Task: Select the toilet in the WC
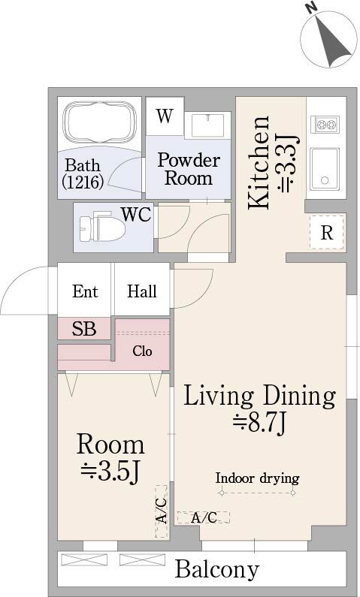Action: [x=103, y=228]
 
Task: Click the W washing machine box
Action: [x=165, y=116]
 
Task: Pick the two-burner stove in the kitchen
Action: [x=325, y=124]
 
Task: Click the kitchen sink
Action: [x=325, y=169]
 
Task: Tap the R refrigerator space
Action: [x=327, y=232]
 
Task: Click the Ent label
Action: [x=85, y=291]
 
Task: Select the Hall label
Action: [x=142, y=291]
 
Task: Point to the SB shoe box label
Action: [x=84, y=328]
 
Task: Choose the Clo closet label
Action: [x=143, y=351]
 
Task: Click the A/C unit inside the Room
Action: [x=162, y=511]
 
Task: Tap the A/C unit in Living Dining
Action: [x=204, y=517]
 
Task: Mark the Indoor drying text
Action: [x=257, y=478]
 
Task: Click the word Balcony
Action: [x=217, y=570]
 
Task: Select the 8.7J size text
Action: [x=260, y=422]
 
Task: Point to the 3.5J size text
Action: [x=110, y=470]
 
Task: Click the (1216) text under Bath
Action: [x=83, y=182]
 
